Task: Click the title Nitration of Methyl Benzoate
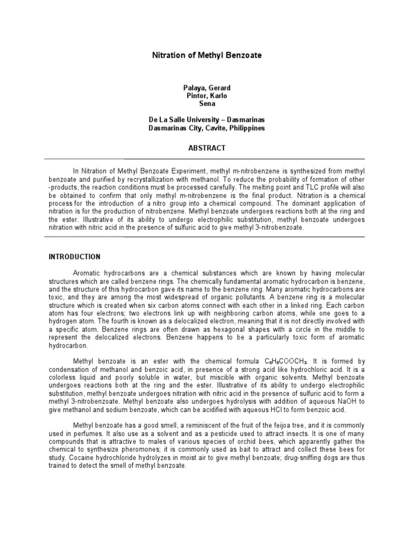click(x=206, y=54)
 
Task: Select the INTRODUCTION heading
click(x=74, y=257)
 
